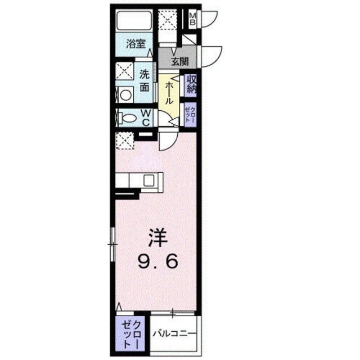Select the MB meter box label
pyautogui.click(x=192, y=19)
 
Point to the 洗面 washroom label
pyautogui.click(x=145, y=80)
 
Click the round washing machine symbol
pyautogui.click(x=124, y=94)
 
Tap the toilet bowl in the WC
pyautogui.click(x=128, y=118)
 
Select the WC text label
pyautogui.click(x=145, y=118)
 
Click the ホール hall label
pyautogui.click(x=168, y=93)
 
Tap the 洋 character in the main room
pyautogui.click(x=158, y=239)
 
